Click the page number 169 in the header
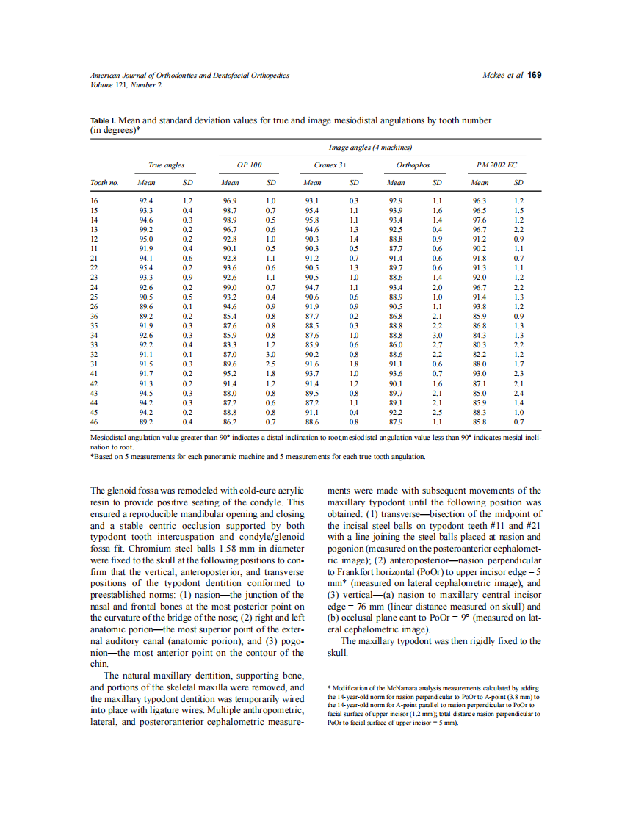click(x=535, y=75)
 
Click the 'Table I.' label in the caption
click(x=103, y=120)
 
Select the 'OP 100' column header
click(x=250, y=165)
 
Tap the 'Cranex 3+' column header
click(x=332, y=165)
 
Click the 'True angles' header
click(x=166, y=165)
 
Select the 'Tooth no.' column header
click(x=104, y=182)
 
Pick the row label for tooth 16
click(x=94, y=200)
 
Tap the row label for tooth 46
click(x=94, y=422)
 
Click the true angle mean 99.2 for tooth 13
click(x=145, y=229)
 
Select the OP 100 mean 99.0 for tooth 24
click(x=229, y=287)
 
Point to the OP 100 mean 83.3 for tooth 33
click(x=229, y=345)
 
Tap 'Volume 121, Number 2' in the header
click(x=126, y=84)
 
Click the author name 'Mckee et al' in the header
click(x=502, y=76)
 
